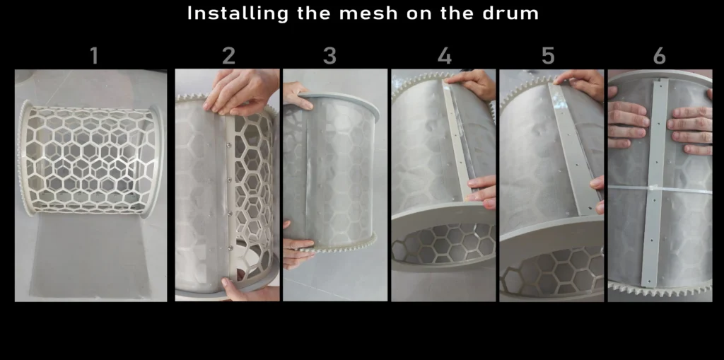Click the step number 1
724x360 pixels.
[94, 56]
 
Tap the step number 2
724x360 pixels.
[228, 56]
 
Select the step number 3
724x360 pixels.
[329, 56]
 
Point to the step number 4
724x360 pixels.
[444, 56]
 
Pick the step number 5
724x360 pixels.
[548, 56]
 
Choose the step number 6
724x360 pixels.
[660, 56]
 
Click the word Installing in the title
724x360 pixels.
[238, 13]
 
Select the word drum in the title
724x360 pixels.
[510, 13]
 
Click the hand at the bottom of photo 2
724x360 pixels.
[250, 289]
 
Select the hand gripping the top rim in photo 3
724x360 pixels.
[296, 95]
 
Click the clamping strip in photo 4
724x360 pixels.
[457, 139]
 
